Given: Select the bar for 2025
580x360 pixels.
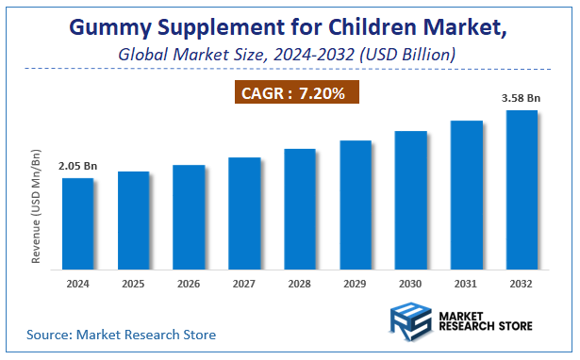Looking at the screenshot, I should coord(134,221).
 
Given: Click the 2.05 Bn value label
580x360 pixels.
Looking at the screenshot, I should coord(77,166).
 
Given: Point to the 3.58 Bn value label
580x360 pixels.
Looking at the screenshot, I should coord(522,97).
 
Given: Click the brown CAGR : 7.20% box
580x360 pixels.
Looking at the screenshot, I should coord(296,92).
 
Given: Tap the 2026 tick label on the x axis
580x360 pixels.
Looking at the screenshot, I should coord(189,283).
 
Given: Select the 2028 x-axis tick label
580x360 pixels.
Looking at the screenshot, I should coord(300,283).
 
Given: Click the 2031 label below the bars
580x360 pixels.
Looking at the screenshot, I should coord(466,283).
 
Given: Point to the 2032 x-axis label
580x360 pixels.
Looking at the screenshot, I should coord(522,283).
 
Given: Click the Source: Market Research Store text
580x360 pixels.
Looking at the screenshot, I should coord(121,334).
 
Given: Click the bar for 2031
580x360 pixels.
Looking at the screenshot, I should coord(466,195).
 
